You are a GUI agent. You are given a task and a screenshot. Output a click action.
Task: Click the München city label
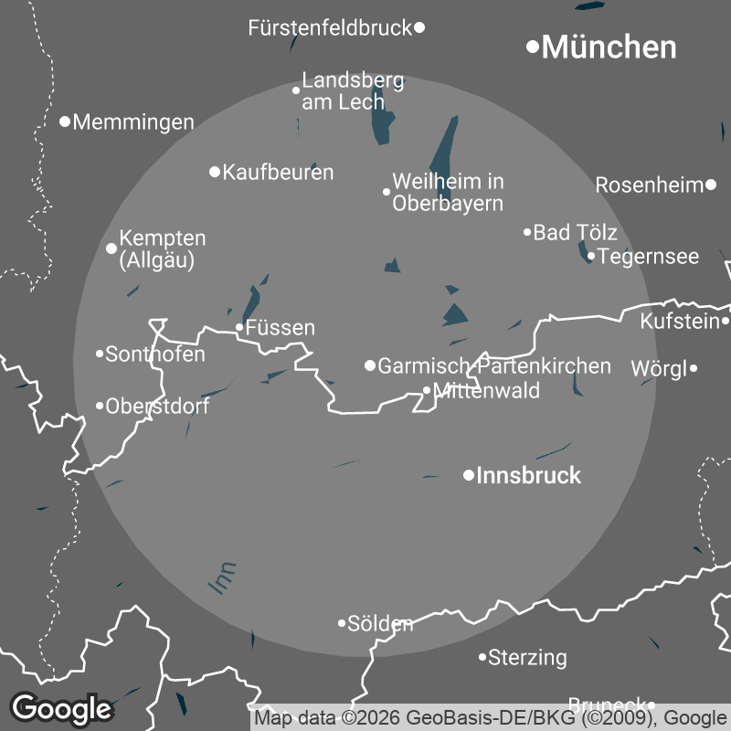pos(609,48)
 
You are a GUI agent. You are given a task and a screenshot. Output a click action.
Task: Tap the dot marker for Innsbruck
pos(469,475)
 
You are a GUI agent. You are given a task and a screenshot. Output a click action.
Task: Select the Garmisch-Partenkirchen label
pos(494,366)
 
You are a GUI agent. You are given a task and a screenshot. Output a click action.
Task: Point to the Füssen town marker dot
pos(239,327)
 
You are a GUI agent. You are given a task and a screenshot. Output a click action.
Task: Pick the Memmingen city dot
pos(65,121)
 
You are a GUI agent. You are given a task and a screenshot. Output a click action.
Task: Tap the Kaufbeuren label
pos(278,172)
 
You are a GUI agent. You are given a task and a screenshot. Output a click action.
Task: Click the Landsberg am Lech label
pos(353,91)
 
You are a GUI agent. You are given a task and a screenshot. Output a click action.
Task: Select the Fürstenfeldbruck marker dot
pos(419,27)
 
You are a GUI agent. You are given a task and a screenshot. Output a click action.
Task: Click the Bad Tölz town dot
pos(527,232)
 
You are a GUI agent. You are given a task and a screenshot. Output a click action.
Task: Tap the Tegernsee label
pos(649,257)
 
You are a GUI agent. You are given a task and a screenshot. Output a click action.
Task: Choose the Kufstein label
pos(680,322)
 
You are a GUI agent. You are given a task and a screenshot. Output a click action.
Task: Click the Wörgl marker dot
pos(694,368)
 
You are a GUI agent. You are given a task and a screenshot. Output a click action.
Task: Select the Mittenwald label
pos(487,391)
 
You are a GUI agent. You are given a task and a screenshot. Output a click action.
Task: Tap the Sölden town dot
pos(342,623)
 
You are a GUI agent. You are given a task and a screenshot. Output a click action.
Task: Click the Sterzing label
pos(527,657)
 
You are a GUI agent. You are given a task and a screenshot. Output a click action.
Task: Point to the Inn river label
pos(222,579)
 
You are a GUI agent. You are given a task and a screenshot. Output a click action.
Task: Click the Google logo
pos(61,708)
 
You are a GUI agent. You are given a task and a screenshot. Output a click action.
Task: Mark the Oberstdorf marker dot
pos(100,406)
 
